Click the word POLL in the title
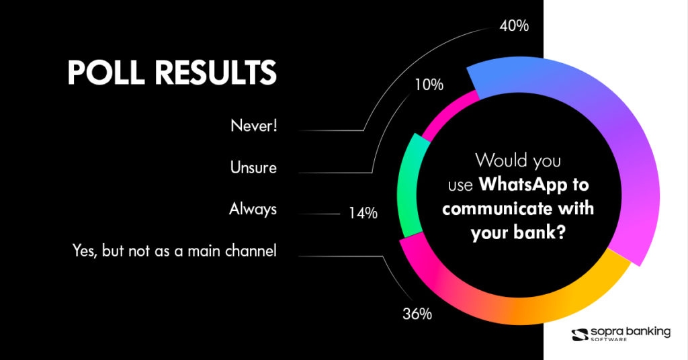coord(105,72)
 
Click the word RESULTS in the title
coord(216,72)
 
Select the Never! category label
coord(254,126)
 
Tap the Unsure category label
coord(253,167)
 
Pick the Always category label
coord(253,210)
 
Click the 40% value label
coord(514,26)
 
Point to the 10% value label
coord(429,85)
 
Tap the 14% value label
coord(363,213)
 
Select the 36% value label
coord(417,314)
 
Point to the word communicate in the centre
coord(497,208)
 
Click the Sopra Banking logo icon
coord(580,334)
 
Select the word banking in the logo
coord(650,332)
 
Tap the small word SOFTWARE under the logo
coord(609,339)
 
